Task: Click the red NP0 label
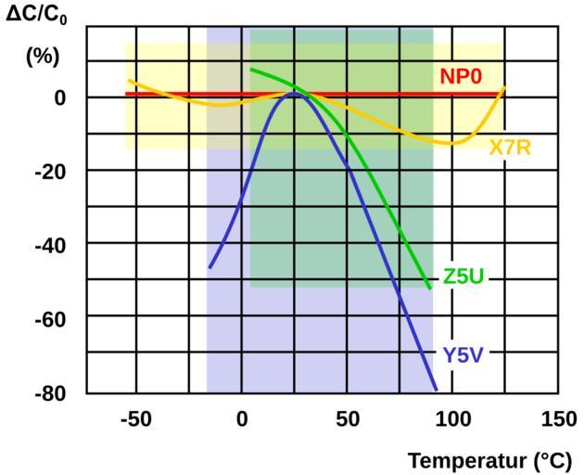(461, 76)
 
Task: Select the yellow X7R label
(510, 148)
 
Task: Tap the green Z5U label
(463, 278)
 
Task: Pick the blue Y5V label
(463, 353)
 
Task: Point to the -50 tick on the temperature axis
(135, 419)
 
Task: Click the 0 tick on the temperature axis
(242, 419)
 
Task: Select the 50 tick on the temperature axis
(348, 419)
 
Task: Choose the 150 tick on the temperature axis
(558, 419)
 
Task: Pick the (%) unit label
(42, 56)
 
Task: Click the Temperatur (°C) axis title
(490, 460)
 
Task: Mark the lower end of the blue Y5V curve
(436, 390)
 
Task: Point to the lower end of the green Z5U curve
(430, 289)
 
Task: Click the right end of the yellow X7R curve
(504, 87)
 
